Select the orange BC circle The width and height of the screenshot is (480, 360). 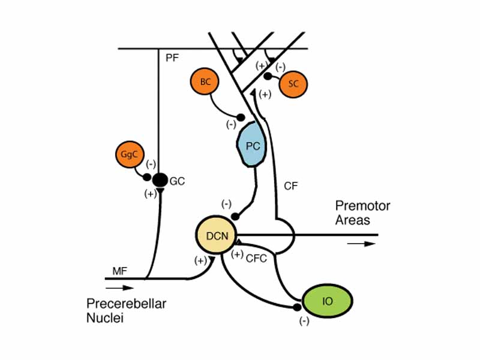(x=205, y=83)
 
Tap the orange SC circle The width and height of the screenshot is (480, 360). (x=293, y=83)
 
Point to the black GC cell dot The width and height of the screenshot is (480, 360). (x=160, y=179)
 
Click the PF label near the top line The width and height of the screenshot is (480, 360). (x=172, y=58)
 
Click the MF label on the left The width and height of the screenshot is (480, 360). (x=120, y=272)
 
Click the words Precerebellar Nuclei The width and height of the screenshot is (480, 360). (x=126, y=311)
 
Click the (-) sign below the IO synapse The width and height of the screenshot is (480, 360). (x=304, y=322)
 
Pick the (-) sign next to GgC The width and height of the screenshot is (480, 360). (x=151, y=163)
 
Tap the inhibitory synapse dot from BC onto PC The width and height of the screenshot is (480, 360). (x=241, y=117)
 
